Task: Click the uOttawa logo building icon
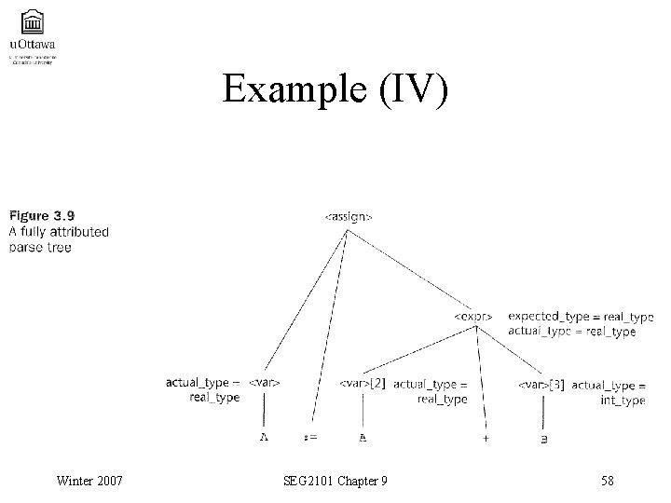30,22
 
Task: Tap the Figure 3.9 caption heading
42,216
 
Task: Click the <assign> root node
349,217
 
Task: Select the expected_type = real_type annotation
581,317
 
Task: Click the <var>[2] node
363,384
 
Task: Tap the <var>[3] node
541,385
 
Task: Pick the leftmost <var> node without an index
265,383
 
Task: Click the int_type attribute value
622,401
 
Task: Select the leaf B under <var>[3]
543,437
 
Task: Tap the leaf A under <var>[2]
363,436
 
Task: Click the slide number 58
608,481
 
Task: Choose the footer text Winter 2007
89,481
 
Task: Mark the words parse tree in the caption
39,247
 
